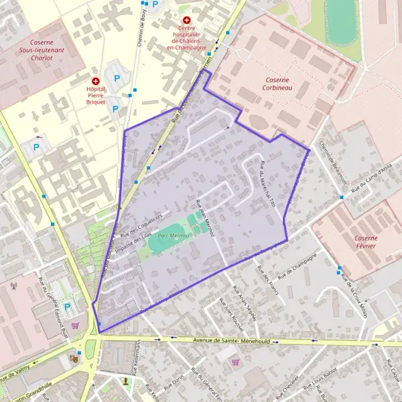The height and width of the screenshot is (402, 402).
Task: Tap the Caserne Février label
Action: [x=362, y=242]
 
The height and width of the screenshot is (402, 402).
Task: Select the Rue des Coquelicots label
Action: [x=141, y=226]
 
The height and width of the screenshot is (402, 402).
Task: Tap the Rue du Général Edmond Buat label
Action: [x=56, y=309]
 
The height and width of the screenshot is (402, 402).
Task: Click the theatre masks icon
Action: [x=74, y=359]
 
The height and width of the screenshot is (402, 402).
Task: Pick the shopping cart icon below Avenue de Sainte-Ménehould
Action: [x=234, y=362]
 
